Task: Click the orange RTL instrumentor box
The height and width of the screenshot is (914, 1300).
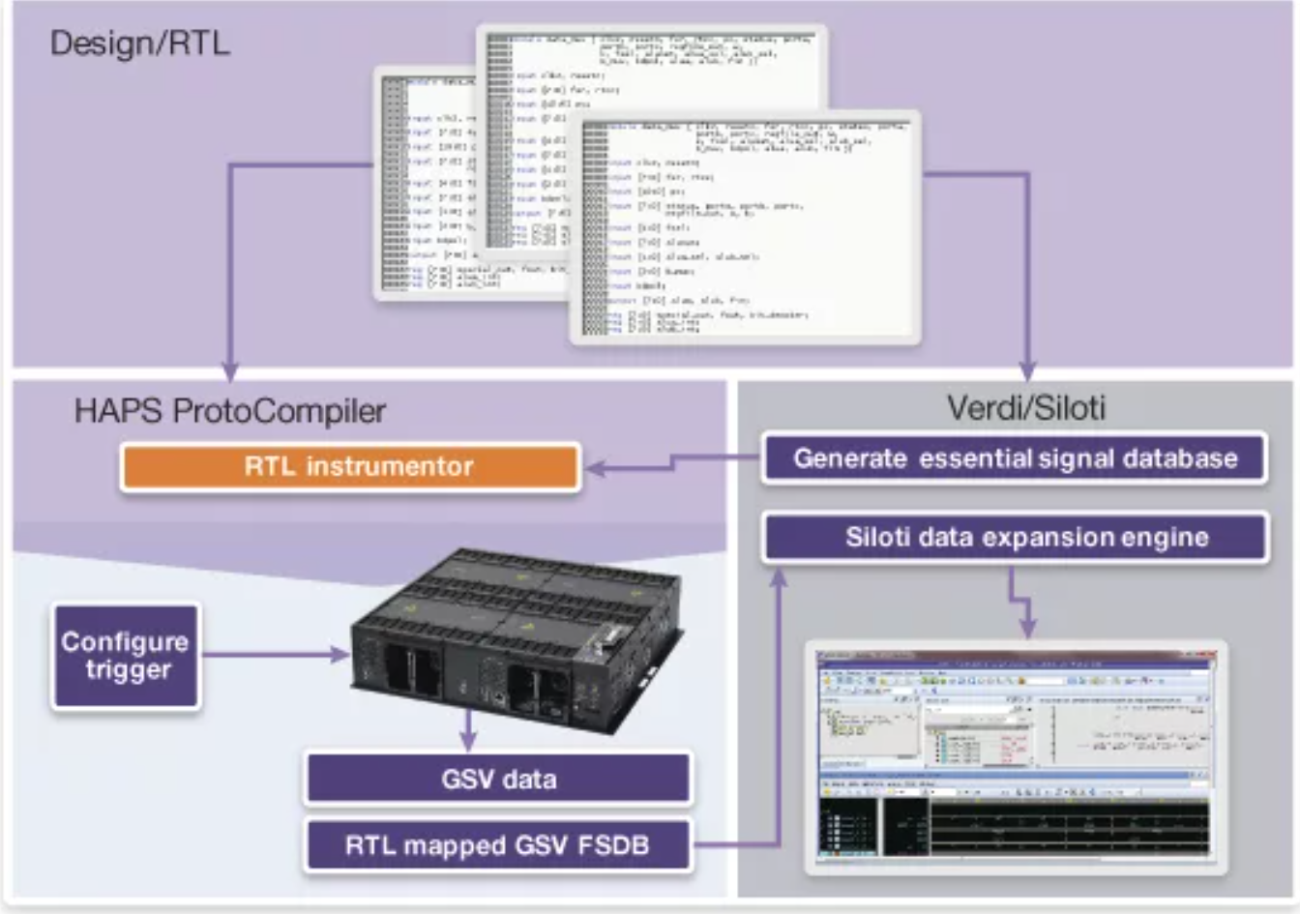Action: point(350,467)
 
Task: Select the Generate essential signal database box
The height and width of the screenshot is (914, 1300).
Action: point(1014,457)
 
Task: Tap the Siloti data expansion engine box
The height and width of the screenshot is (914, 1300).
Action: point(1014,538)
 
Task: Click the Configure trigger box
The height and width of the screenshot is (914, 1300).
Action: point(126,656)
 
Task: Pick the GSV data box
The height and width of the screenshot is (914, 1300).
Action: point(498,780)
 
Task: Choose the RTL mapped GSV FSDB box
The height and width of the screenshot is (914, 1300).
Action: point(498,846)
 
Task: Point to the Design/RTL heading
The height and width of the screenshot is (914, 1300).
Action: point(139,44)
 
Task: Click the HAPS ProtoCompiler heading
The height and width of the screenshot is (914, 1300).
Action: point(230,411)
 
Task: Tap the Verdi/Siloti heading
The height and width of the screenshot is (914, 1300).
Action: point(1026,407)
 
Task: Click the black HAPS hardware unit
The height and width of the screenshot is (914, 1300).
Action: point(517,638)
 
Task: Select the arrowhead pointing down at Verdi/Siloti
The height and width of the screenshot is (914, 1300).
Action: point(1027,371)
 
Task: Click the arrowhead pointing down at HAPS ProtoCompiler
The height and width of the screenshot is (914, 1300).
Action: point(229,371)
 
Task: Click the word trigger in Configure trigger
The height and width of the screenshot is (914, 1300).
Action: point(128,670)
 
